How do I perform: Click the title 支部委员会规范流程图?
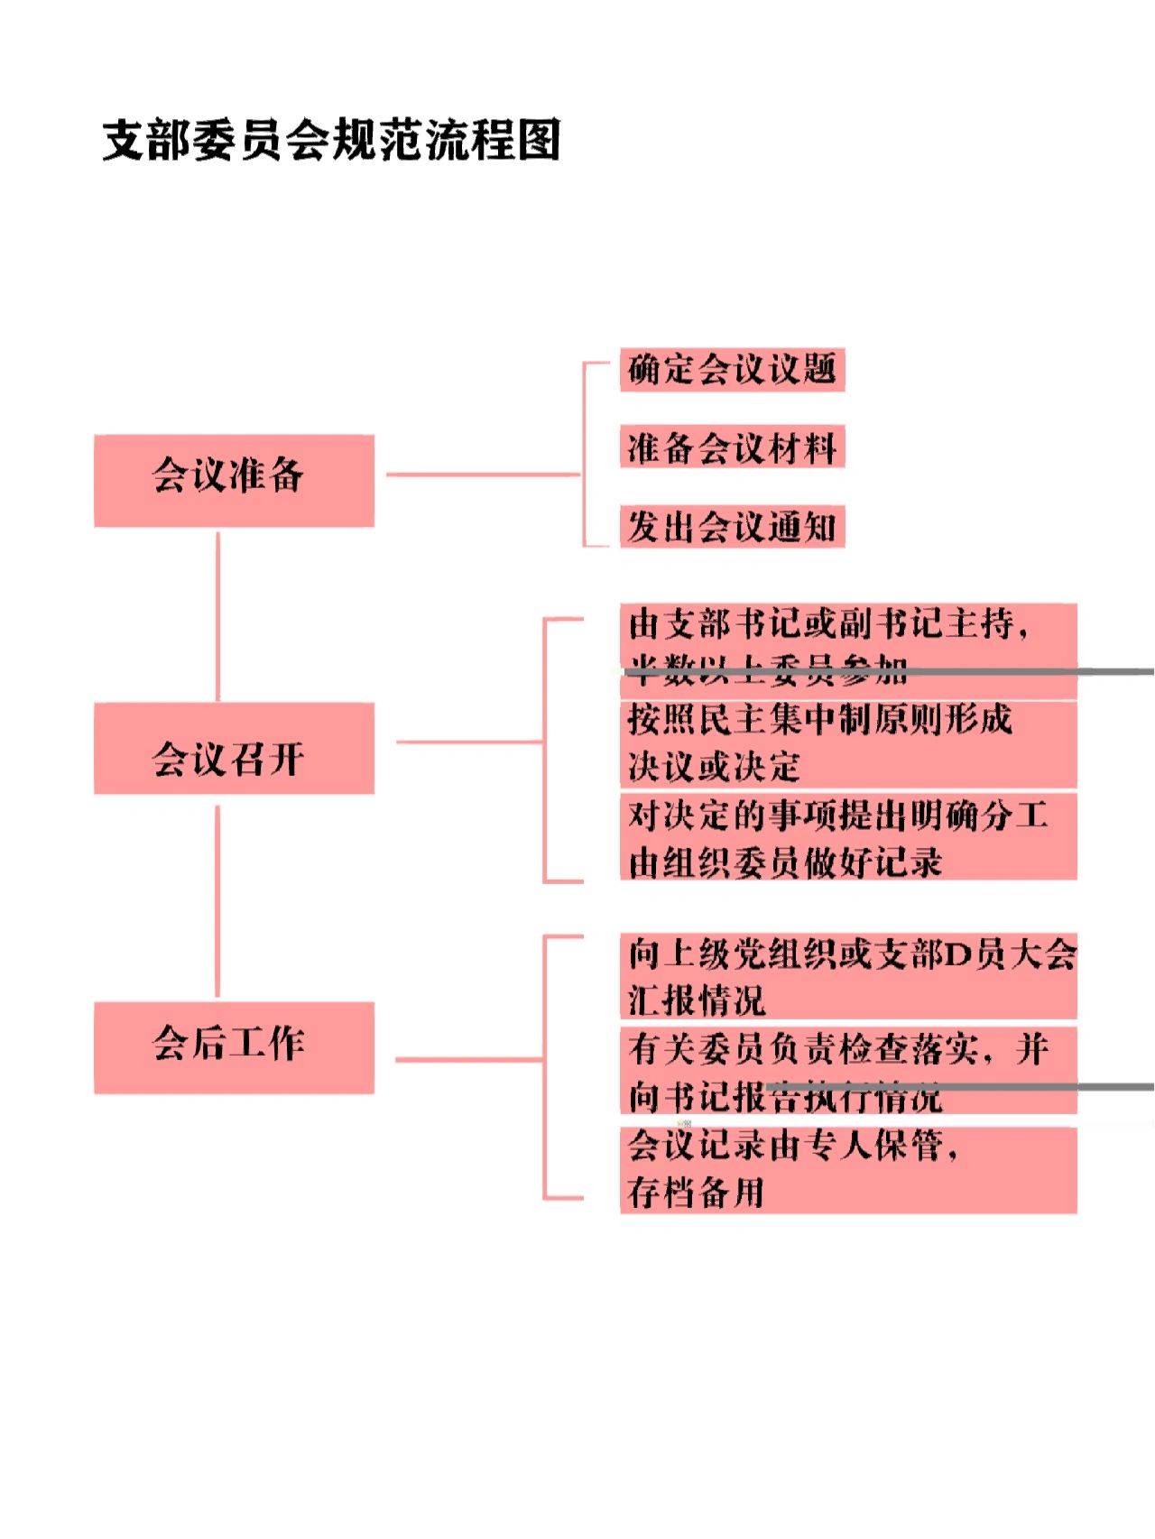click(331, 140)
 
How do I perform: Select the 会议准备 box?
click(234, 480)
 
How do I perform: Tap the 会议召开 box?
click(234, 749)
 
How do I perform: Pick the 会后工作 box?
click(234, 1046)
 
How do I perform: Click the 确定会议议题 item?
click(732, 369)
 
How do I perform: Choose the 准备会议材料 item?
click(732, 447)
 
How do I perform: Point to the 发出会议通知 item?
click(732, 527)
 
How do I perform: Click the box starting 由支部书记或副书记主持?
click(848, 649)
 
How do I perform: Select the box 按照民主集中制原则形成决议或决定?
click(848, 743)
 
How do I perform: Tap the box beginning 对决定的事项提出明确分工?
click(848, 837)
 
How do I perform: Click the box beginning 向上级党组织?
click(848, 976)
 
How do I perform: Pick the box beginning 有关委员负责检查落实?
click(848, 1071)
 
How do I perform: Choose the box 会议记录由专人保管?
click(848, 1169)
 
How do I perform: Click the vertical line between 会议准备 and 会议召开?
click(217, 615)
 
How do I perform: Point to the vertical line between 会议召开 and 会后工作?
click(217, 899)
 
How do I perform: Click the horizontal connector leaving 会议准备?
click(483, 474)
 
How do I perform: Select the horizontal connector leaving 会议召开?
click(469, 742)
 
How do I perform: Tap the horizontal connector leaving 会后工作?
click(469, 1059)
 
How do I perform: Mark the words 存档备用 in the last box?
click(697, 1193)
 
